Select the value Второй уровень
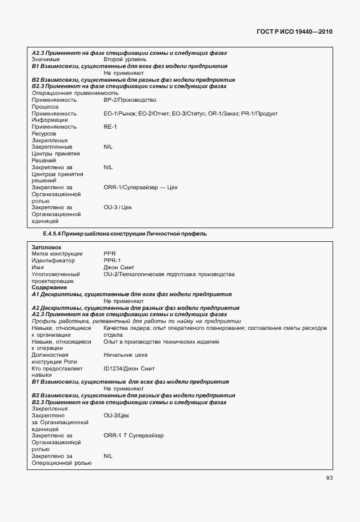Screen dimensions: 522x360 (x=125, y=59)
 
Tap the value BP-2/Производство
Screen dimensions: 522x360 (x=130, y=99)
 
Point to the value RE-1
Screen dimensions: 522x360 (x=110, y=126)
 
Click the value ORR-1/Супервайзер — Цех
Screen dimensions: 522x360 (x=141, y=187)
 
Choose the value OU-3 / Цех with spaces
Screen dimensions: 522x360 (x=118, y=207)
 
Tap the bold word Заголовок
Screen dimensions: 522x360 (x=46, y=247)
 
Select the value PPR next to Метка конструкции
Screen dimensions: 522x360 (x=110, y=254)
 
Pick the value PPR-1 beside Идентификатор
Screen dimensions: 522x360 (x=112, y=261)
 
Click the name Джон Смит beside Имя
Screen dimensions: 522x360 (x=119, y=268)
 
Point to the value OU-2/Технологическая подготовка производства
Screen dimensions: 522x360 (x=169, y=274)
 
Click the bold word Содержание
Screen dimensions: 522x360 (x=49, y=288)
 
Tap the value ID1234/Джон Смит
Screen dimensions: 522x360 (x=129, y=368)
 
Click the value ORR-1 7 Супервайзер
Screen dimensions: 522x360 (x=134, y=435)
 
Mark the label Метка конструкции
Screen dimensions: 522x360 (x=57, y=254)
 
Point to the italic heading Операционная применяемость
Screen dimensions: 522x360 (x=75, y=93)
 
